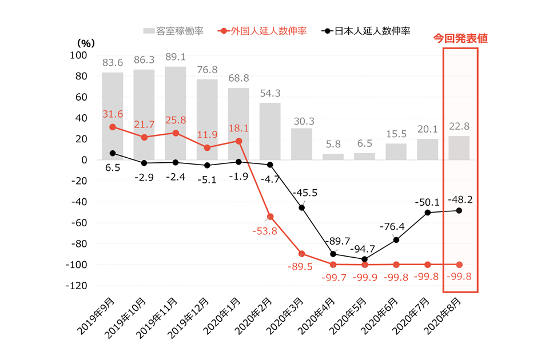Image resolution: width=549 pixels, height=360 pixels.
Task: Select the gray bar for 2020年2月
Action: tap(270, 131)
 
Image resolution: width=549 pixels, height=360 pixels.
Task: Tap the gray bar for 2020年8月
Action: tap(459, 148)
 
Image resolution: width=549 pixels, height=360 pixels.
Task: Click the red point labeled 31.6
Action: tap(113, 127)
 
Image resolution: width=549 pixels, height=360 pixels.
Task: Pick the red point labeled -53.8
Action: tap(270, 217)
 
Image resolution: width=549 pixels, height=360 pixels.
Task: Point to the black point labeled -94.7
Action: tap(364, 259)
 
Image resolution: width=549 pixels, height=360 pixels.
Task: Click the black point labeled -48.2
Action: tap(459, 210)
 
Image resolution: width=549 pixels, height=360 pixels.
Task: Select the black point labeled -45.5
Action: tap(301, 207)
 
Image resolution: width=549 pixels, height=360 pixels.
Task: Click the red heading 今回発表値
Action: tap(460, 39)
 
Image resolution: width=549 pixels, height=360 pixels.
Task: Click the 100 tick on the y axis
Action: tap(78, 55)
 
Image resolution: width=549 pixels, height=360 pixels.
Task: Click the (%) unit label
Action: tap(84, 42)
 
